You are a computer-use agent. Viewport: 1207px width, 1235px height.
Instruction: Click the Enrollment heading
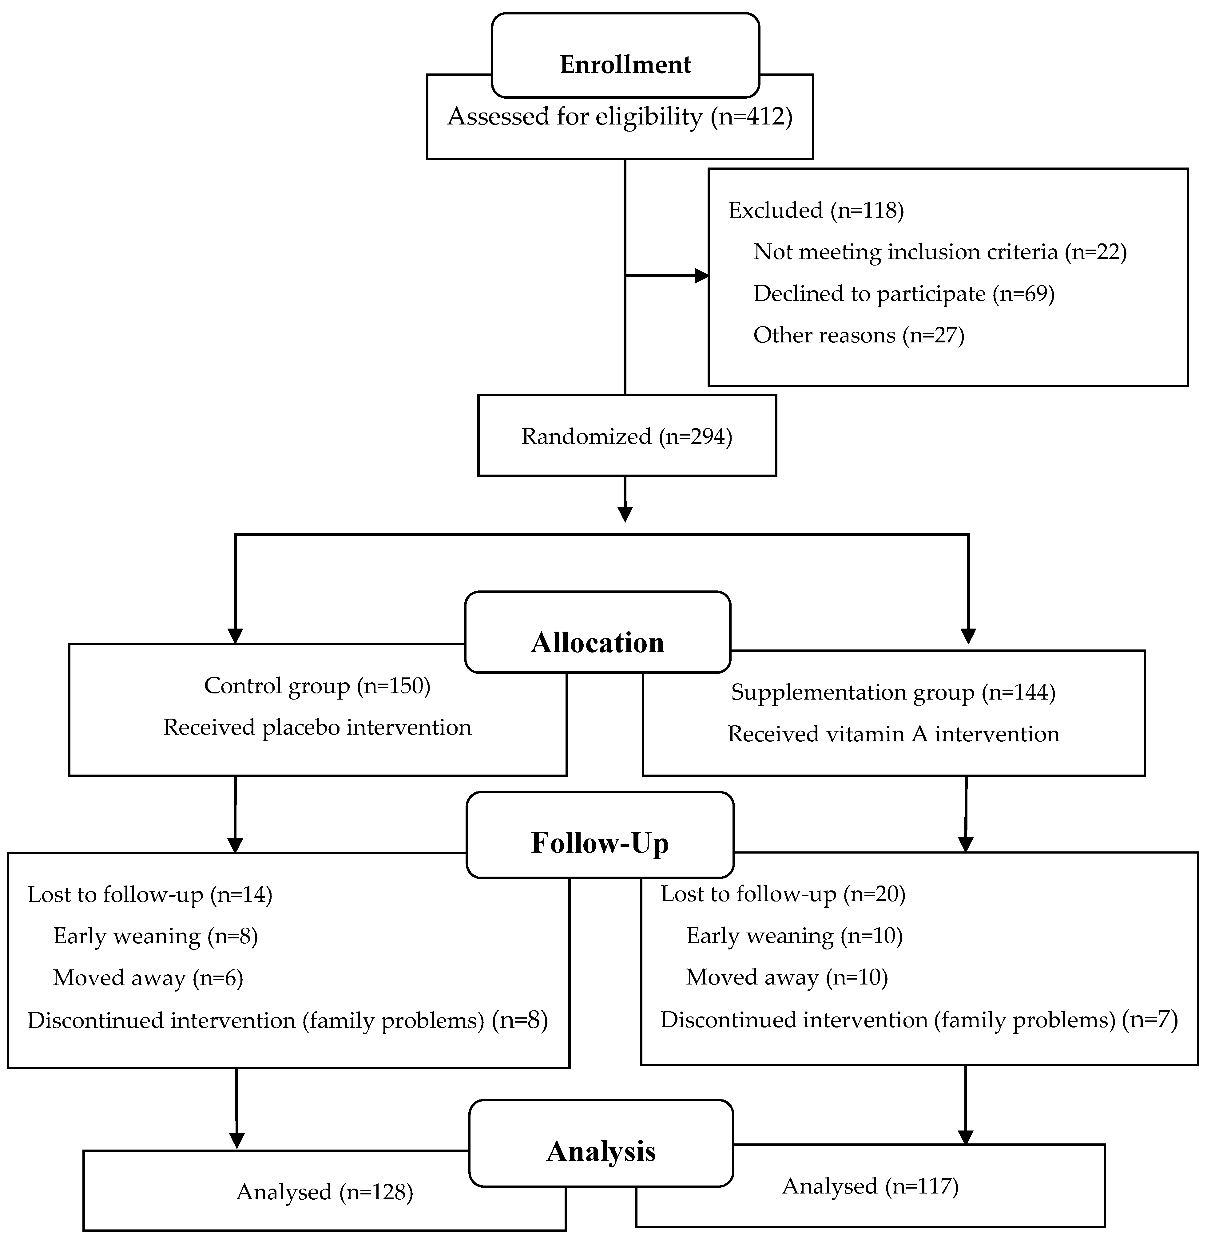(x=625, y=64)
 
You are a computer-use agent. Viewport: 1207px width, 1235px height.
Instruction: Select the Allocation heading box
(x=597, y=642)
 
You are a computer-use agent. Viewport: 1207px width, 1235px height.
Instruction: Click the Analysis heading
(x=601, y=1151)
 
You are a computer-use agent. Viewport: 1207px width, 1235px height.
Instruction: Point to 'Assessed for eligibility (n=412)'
(x=619, y=116)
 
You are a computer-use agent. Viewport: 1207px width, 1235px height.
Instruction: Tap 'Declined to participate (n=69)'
(x=903, y=294)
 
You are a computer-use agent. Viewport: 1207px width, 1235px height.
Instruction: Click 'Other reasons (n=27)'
(x=858, y=335)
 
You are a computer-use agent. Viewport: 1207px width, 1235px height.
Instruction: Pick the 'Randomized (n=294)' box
(x=626, y=436)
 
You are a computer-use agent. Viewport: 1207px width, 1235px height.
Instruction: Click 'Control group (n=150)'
(x=317, y=686)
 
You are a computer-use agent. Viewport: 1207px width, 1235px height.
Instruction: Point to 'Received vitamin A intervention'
(x=893, y=734)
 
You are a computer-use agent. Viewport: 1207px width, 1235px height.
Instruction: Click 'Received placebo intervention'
(x=317, y=727)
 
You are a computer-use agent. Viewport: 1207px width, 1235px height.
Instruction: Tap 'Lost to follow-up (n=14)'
(x=150, y=895)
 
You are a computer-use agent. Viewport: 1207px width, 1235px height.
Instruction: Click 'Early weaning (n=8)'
(x=155, y=936)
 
